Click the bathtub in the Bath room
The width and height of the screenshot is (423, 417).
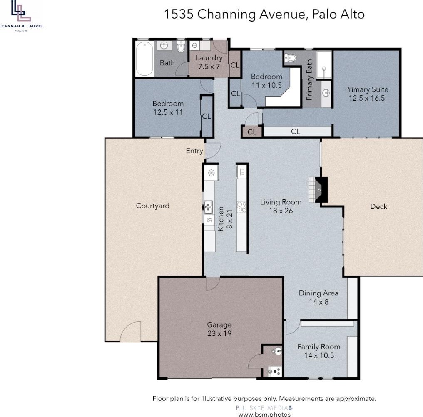(x=144, y=59)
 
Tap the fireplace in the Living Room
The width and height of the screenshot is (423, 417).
(x=318, y=190)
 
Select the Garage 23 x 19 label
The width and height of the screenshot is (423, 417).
(x=219, y=329)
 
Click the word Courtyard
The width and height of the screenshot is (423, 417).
(x=153, y=206)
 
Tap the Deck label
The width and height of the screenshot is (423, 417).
(x=379, y=206)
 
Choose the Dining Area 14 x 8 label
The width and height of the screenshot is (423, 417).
(x=318, y=298)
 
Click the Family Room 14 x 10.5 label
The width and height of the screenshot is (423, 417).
(x=319, y=351)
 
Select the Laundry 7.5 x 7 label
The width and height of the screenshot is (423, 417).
(x=209, y=62)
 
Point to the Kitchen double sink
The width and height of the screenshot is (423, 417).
(x=208, y=207)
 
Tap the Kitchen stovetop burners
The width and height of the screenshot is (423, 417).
(x=242, y=207)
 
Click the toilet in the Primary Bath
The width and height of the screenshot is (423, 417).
(x=290, y=58)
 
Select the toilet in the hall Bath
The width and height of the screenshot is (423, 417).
(x=181, y=47)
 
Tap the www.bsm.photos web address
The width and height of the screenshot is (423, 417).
(x=264, y=414)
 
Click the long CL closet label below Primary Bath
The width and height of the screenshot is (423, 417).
(x=296, y=132)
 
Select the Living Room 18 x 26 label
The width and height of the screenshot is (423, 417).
(x=281, y=206)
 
